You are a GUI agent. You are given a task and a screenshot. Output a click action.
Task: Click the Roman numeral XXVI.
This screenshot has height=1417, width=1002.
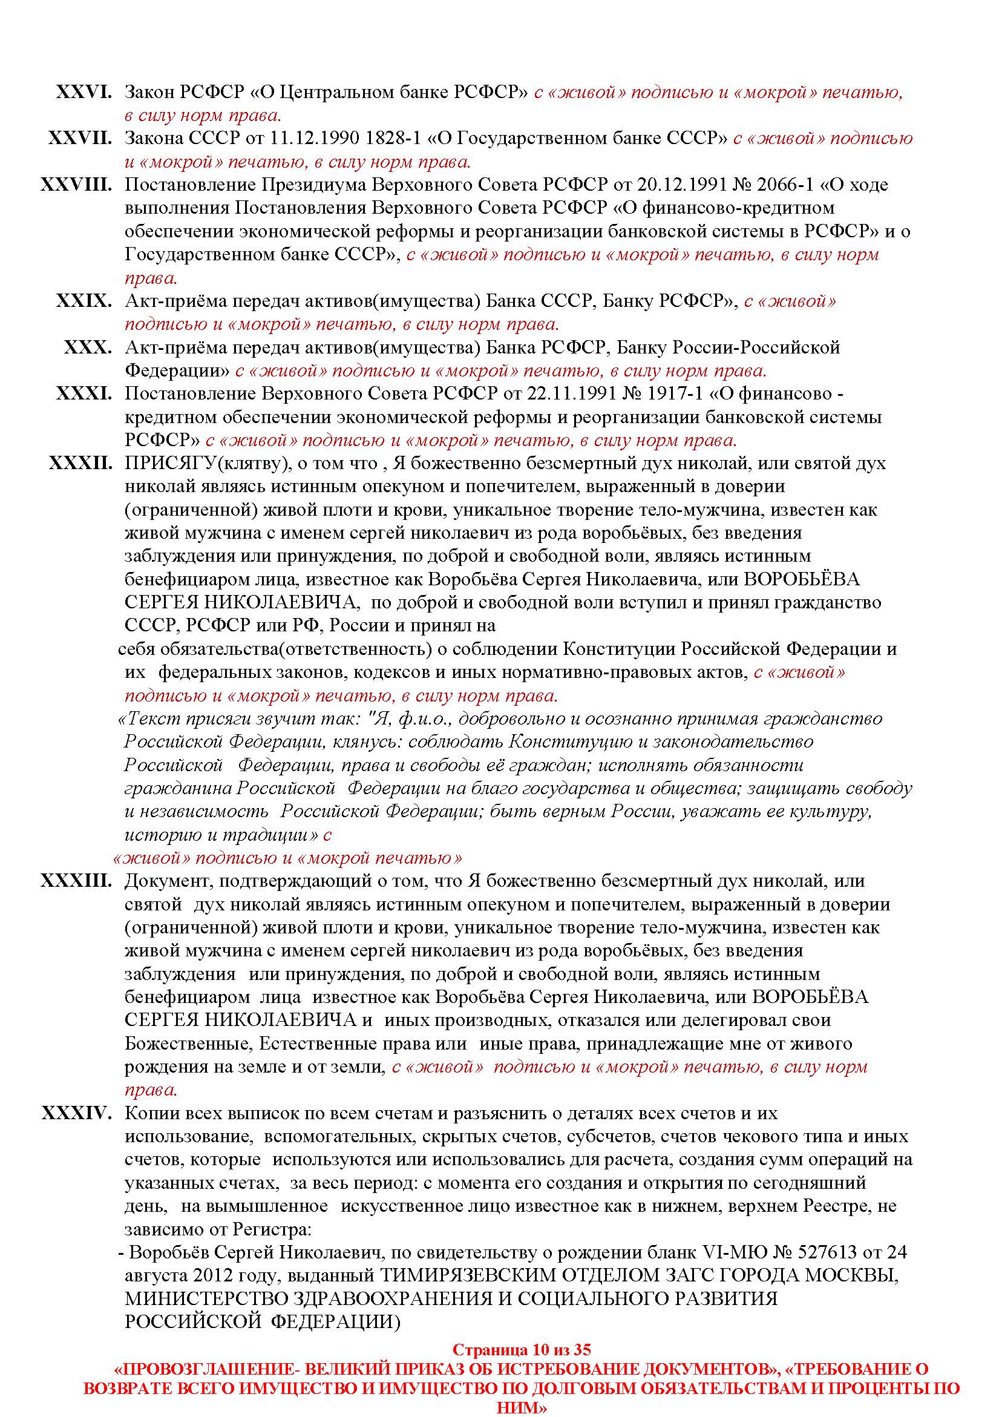[84, 93]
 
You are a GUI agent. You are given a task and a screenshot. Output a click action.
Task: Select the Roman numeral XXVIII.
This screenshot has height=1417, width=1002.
[76, 185]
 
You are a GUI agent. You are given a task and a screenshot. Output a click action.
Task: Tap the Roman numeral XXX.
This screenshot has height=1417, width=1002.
[88, 347]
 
